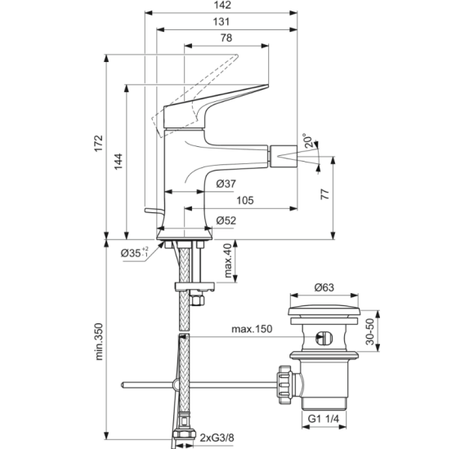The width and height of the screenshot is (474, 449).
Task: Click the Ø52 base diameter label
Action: click(228, 220)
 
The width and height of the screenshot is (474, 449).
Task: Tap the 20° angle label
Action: click(306, 142)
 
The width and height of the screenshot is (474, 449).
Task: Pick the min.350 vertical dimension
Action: click(98, 341)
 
